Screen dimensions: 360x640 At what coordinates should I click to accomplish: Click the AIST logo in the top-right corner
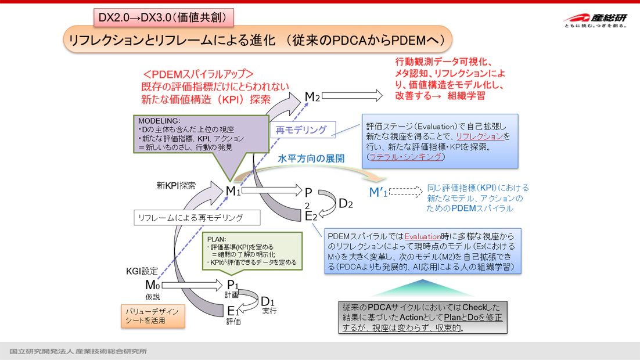pyautogui.click(x=594, y=21)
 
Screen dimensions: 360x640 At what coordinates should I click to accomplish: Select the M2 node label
pyautogui.click(x=312, y=97)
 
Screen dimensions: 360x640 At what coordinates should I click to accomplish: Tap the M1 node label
pyautogui.click(x=233, y=190)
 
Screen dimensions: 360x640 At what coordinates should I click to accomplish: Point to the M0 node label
pyautogui.click(x=152, y=285)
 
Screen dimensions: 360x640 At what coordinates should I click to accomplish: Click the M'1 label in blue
pyautogui.click(x=378, y=193)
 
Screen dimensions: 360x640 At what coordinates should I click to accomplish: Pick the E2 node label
pyautogui.click(x=311, y=217)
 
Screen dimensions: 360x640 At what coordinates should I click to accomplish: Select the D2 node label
pyautogui.click(x=346, y=203)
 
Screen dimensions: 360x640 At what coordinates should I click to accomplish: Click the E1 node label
pyautogui.click(x=233, y=311)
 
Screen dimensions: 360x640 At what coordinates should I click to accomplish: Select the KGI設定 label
pyautogui.click(x=142, y=271)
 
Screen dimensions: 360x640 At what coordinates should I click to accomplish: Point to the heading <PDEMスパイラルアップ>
pyautogui.click(x=199, y=74)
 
